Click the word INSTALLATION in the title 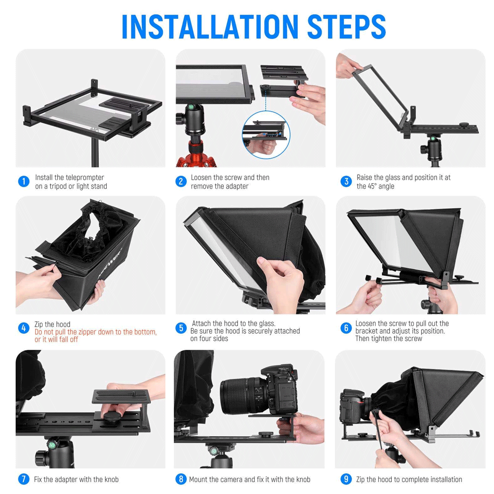209,27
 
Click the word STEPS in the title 346,27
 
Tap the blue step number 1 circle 24,181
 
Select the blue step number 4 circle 24,328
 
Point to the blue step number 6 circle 346,328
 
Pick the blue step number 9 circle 346,479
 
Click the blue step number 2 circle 181,181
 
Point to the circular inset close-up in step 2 266,134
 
